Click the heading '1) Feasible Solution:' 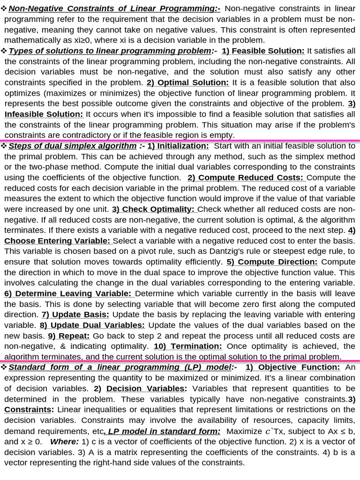tap(263, 51)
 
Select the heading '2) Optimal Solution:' tap(187, 82)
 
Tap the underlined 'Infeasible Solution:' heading tap(44, 114)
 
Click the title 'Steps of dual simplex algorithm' tap(73, 146)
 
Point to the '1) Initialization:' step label tap(178, 146)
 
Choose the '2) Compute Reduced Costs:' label tap(246, 178)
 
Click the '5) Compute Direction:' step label tap(272, 262)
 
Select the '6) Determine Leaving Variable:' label tap(68, 293)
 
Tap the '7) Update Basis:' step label tap(75, 315)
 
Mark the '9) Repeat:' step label tap(68, 336)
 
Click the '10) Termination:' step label tap(187, 346)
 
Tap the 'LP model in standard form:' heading tap(163, 431)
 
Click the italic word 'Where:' tap(64, 442)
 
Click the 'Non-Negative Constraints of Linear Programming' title tap(111, 8)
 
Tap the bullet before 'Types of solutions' tap(4, 51)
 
